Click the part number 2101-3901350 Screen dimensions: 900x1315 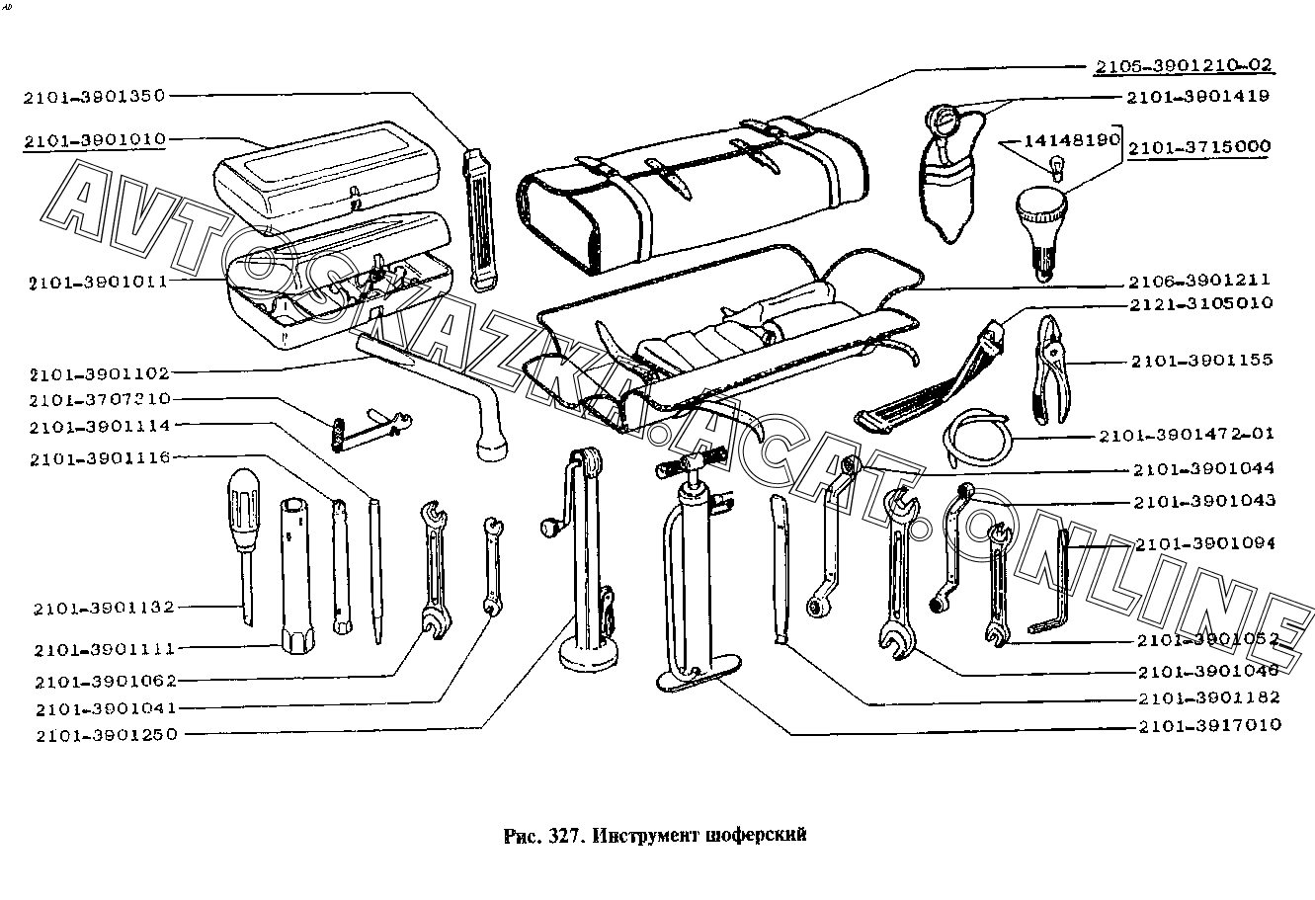97,96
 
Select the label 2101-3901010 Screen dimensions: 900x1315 97,139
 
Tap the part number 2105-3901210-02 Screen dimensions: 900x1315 1183,66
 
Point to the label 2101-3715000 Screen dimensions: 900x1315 1198,147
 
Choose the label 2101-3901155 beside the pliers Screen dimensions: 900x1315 1202,362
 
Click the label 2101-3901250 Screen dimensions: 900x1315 106,735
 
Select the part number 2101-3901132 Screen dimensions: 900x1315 103,608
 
